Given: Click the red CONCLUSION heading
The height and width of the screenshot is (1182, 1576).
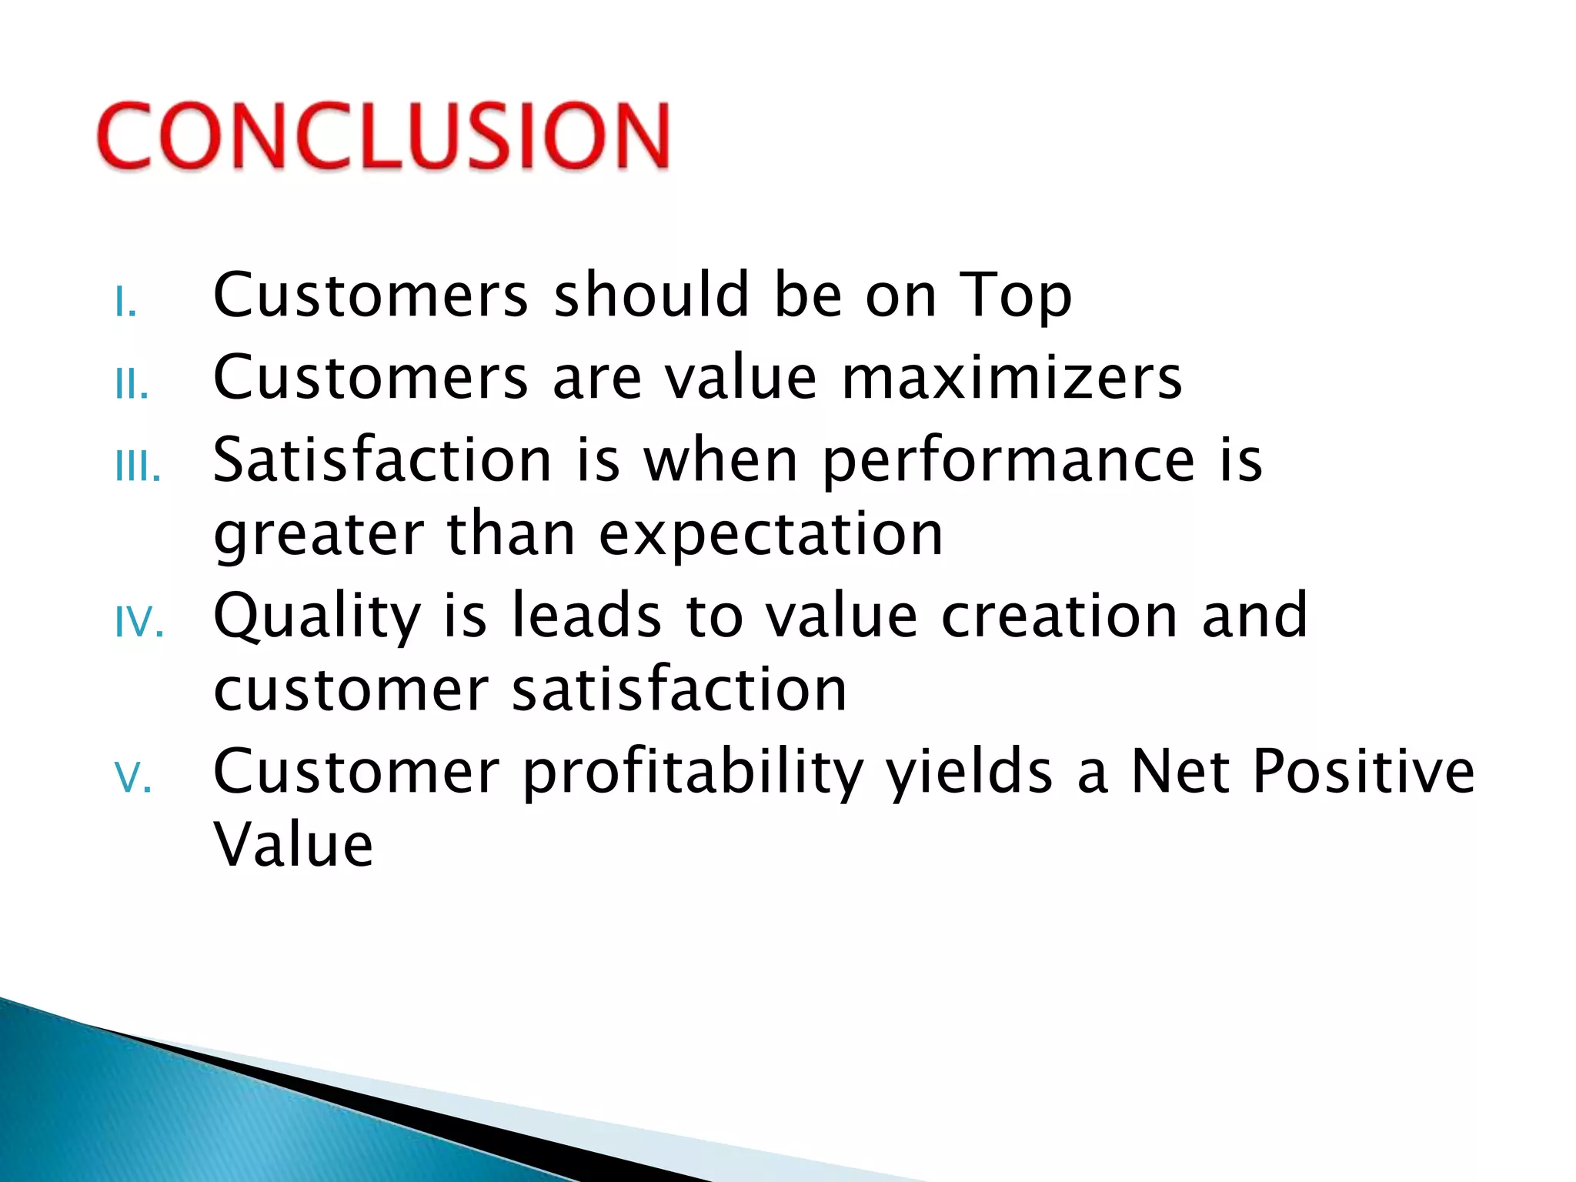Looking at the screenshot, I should pos(383,135).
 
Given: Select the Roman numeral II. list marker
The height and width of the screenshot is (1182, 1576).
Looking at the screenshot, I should pos(131,384).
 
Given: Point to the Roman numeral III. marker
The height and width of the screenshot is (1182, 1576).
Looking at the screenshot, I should pos(138,466).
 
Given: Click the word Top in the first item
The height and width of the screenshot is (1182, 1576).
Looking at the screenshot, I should pos(1016,296).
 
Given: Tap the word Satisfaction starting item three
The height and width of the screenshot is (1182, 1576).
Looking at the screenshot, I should pos(382,459).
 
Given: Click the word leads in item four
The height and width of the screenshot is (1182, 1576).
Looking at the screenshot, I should pos(586,616).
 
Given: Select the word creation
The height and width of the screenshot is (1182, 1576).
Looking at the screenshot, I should pos(1059,616).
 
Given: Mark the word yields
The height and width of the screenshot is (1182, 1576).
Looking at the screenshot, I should pos(970,773).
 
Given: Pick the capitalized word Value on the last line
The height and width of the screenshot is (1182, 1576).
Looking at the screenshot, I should pos(293,844).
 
